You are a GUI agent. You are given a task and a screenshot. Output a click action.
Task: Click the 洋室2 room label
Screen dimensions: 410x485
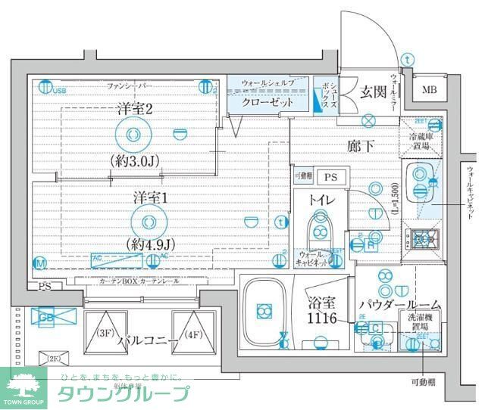136,108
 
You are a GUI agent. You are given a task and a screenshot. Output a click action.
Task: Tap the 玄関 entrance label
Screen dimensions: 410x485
373,92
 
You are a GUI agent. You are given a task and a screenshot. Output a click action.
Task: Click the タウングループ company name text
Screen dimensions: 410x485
124,393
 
